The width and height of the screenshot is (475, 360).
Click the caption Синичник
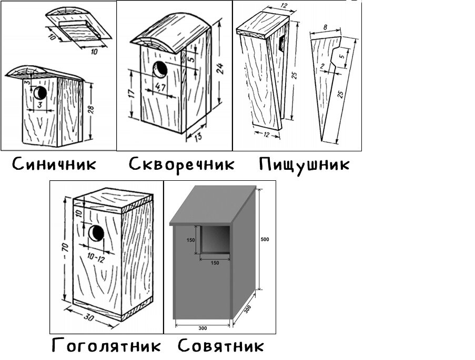tap(55, 164)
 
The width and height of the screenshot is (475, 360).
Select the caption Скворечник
tap(181, 164)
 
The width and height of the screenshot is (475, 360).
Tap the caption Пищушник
tap(304, 165)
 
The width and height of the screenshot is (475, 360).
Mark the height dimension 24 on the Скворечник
tap(221, 68)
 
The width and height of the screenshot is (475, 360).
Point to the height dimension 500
tap(265, 239)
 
